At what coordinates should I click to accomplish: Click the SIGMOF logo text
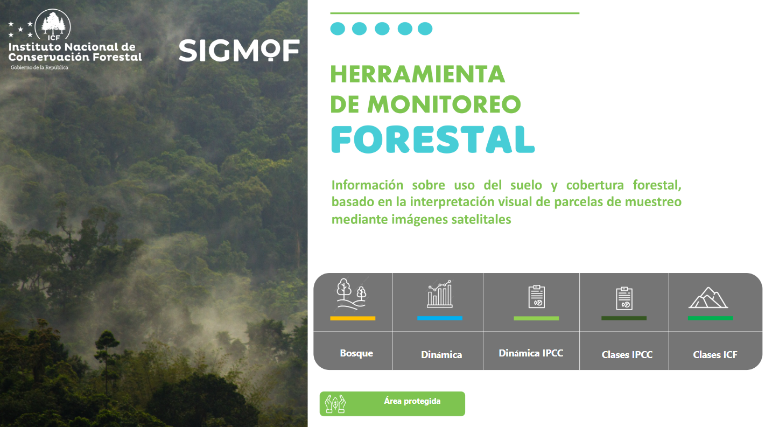coord(239,51)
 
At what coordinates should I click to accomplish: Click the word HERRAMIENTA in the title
coord(417,74)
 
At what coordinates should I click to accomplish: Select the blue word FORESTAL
coord(433,139)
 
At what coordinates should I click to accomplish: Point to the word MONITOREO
coord(444,104)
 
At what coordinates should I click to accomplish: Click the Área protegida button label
coord(412,401)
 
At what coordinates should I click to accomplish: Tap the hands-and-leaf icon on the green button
coord(335,404)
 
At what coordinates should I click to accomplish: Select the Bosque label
coord(356,353)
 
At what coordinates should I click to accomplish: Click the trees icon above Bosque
coord(352,294)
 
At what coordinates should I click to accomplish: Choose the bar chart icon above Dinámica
coord(440,294)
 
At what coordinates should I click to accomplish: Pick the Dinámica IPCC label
coord(531,353)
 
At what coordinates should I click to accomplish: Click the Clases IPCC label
coord(627,355)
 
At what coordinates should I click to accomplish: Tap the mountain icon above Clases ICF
coord(708,298)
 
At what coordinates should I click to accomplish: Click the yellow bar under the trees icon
coord(353,318)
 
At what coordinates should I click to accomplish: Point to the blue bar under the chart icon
coord(440,318)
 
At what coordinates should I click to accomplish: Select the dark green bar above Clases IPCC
coord(624,318)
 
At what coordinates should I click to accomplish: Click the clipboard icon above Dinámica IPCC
coord(537,297)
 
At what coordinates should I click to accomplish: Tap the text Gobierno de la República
coord(39,68)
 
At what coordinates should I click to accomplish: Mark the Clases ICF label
coord(715,355)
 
